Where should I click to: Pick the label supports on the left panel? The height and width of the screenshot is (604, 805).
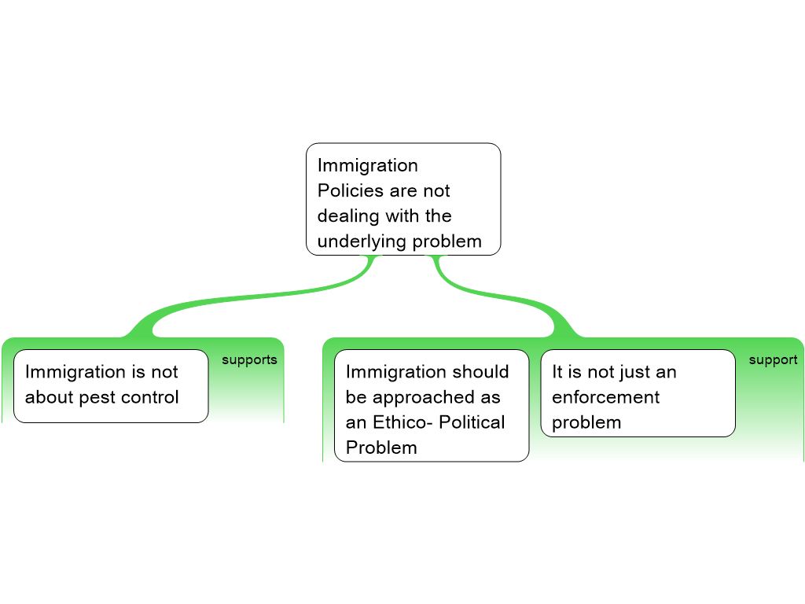point(249,360)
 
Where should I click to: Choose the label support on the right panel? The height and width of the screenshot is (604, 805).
point(773,360)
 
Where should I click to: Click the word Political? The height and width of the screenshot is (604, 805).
point(472,422)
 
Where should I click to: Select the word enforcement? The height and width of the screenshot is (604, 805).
point(606,397)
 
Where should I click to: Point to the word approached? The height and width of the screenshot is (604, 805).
point(436,397)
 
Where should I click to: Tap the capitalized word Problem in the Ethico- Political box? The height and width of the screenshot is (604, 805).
point(381,447)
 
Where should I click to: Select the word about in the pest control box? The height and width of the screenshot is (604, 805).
point(49,397)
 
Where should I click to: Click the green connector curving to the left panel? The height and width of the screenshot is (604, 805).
point(236,303)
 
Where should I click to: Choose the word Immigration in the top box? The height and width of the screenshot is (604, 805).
point(367,166)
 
